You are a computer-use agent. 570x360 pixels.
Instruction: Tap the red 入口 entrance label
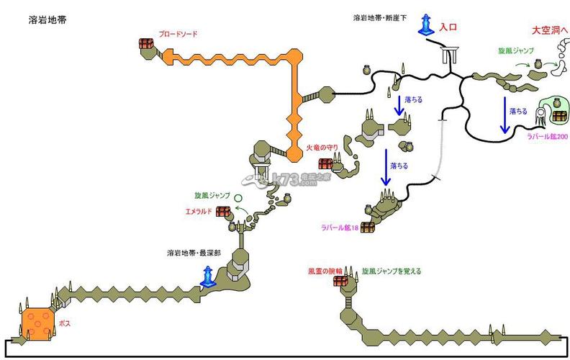[449, 27]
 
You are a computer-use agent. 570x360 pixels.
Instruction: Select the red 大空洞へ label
[550, 30]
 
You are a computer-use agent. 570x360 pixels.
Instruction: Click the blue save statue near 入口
[427, 24]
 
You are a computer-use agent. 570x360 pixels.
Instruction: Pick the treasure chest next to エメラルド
[223, 211]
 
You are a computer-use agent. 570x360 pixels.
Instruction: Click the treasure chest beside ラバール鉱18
[368, 227]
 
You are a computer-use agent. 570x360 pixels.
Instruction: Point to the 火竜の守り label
[322, 148]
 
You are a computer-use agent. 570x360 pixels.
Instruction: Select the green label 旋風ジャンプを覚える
[392, 271]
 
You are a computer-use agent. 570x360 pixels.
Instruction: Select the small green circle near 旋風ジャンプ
[237, 197]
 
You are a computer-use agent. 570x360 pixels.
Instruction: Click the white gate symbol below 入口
[452, 55]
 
